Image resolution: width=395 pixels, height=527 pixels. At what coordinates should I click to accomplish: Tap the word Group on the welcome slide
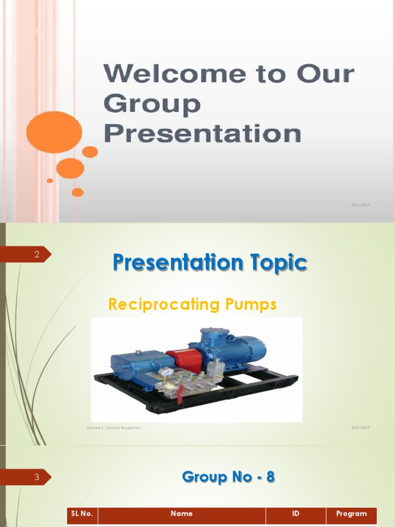[x=152, y=104]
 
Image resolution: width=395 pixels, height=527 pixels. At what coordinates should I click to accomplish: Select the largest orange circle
[x=54, y=132]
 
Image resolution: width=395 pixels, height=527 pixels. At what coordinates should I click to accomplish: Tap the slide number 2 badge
[x=37, y=254]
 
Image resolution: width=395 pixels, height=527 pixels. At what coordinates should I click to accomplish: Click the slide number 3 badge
[x=37, y=477]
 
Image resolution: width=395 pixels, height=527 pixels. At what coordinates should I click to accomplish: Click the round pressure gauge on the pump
[x=166, y=372]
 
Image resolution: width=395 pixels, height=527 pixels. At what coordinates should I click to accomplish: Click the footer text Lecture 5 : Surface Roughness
[x=114, y=428]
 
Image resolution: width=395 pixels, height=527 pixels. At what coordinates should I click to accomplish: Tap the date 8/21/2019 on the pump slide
[x=361, y=428]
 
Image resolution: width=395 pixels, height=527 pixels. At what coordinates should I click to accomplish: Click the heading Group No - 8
[x=228, y=477]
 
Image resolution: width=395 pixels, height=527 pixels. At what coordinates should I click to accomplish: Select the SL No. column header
[x=82, y=514]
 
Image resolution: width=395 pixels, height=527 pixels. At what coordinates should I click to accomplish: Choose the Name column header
[x=182, y=514]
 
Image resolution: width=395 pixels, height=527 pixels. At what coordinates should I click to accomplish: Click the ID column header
[x=296, y=514]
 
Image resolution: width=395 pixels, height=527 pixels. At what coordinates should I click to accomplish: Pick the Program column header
[x=351, y=514]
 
